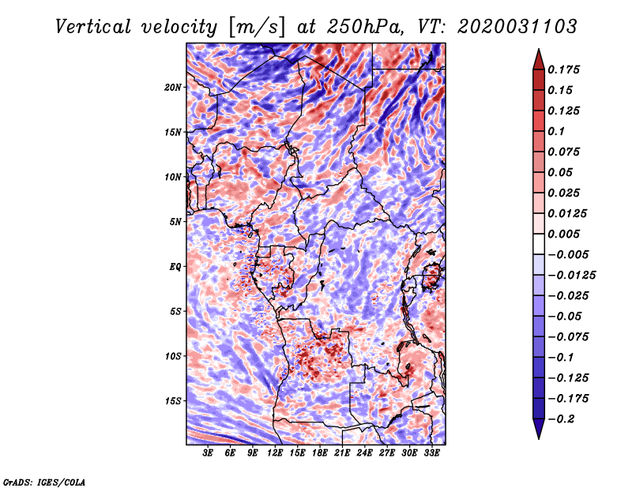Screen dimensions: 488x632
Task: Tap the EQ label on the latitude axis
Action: [x=175, y=266]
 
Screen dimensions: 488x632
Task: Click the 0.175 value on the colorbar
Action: [x=566, y=69]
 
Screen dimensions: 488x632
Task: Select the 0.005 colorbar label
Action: [x=566, y=234]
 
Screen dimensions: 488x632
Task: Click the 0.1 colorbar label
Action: [x=559, y=131]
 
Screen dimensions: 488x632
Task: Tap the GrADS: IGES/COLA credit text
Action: [x=44, y=481]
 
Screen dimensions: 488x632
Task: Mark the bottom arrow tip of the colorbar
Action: [x=537, y=437]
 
